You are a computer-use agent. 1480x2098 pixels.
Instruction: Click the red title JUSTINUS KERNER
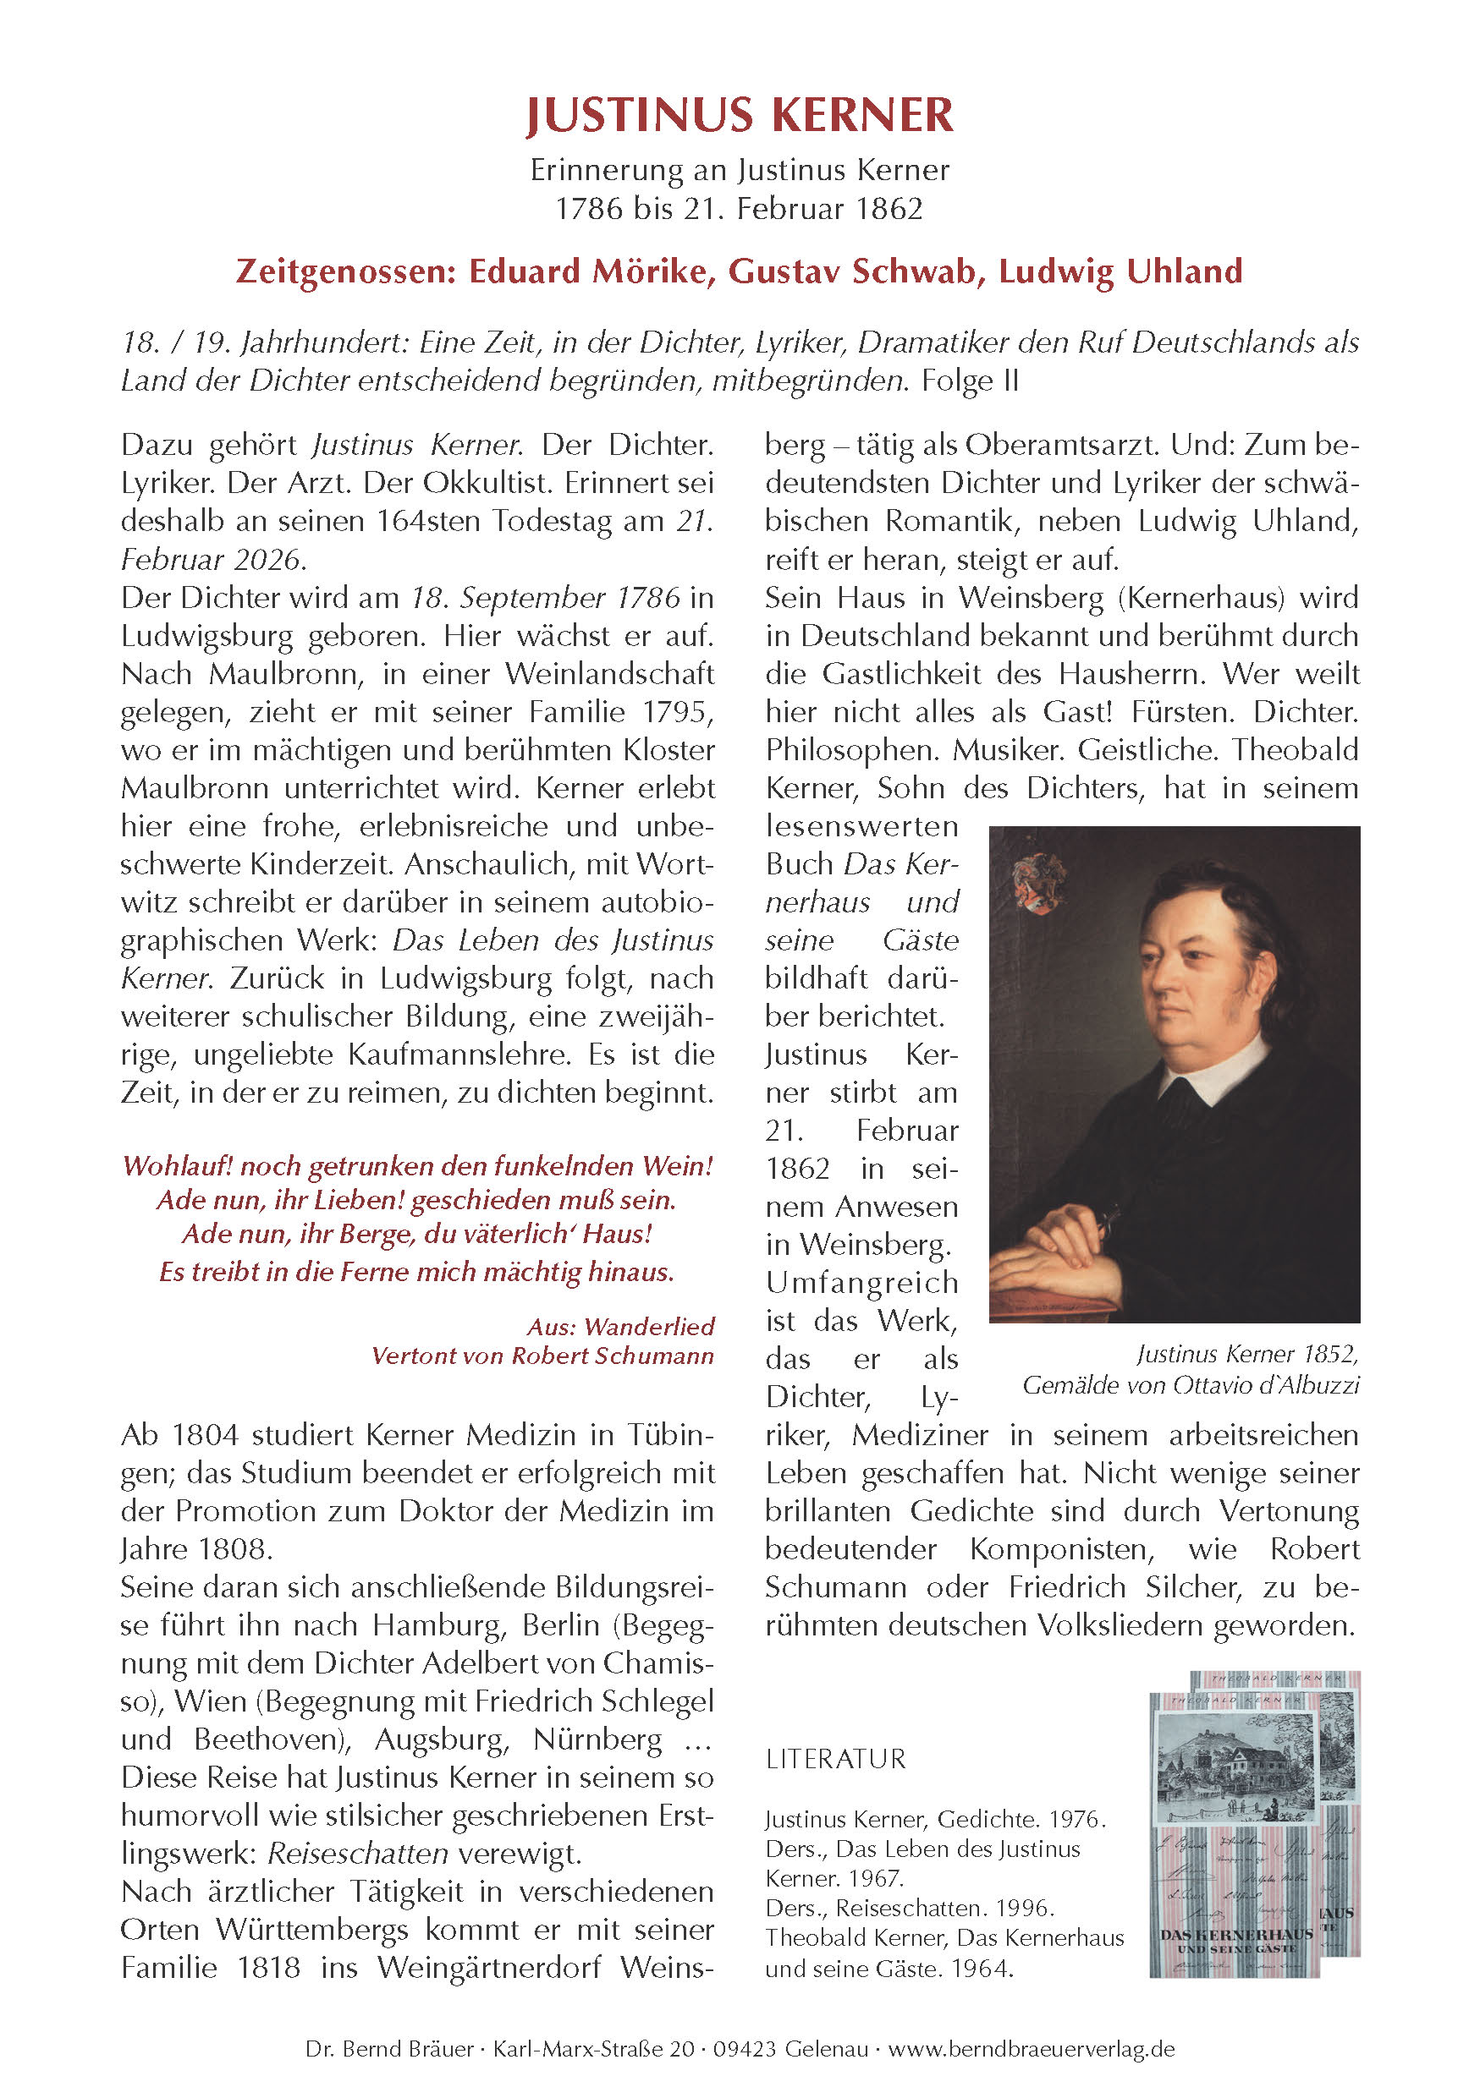click(x=739, y=116)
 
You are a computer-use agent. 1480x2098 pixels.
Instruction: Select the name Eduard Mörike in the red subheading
click(x=591, y=271)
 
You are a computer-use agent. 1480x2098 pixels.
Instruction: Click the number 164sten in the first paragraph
click(x=429, y=521)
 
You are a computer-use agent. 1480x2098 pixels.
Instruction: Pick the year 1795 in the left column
click(x=677, y=712)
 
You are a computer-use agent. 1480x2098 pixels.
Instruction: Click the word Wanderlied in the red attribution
click(x=649, y=1326)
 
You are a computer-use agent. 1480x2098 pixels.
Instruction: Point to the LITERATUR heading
click(x=835, y=1759)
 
